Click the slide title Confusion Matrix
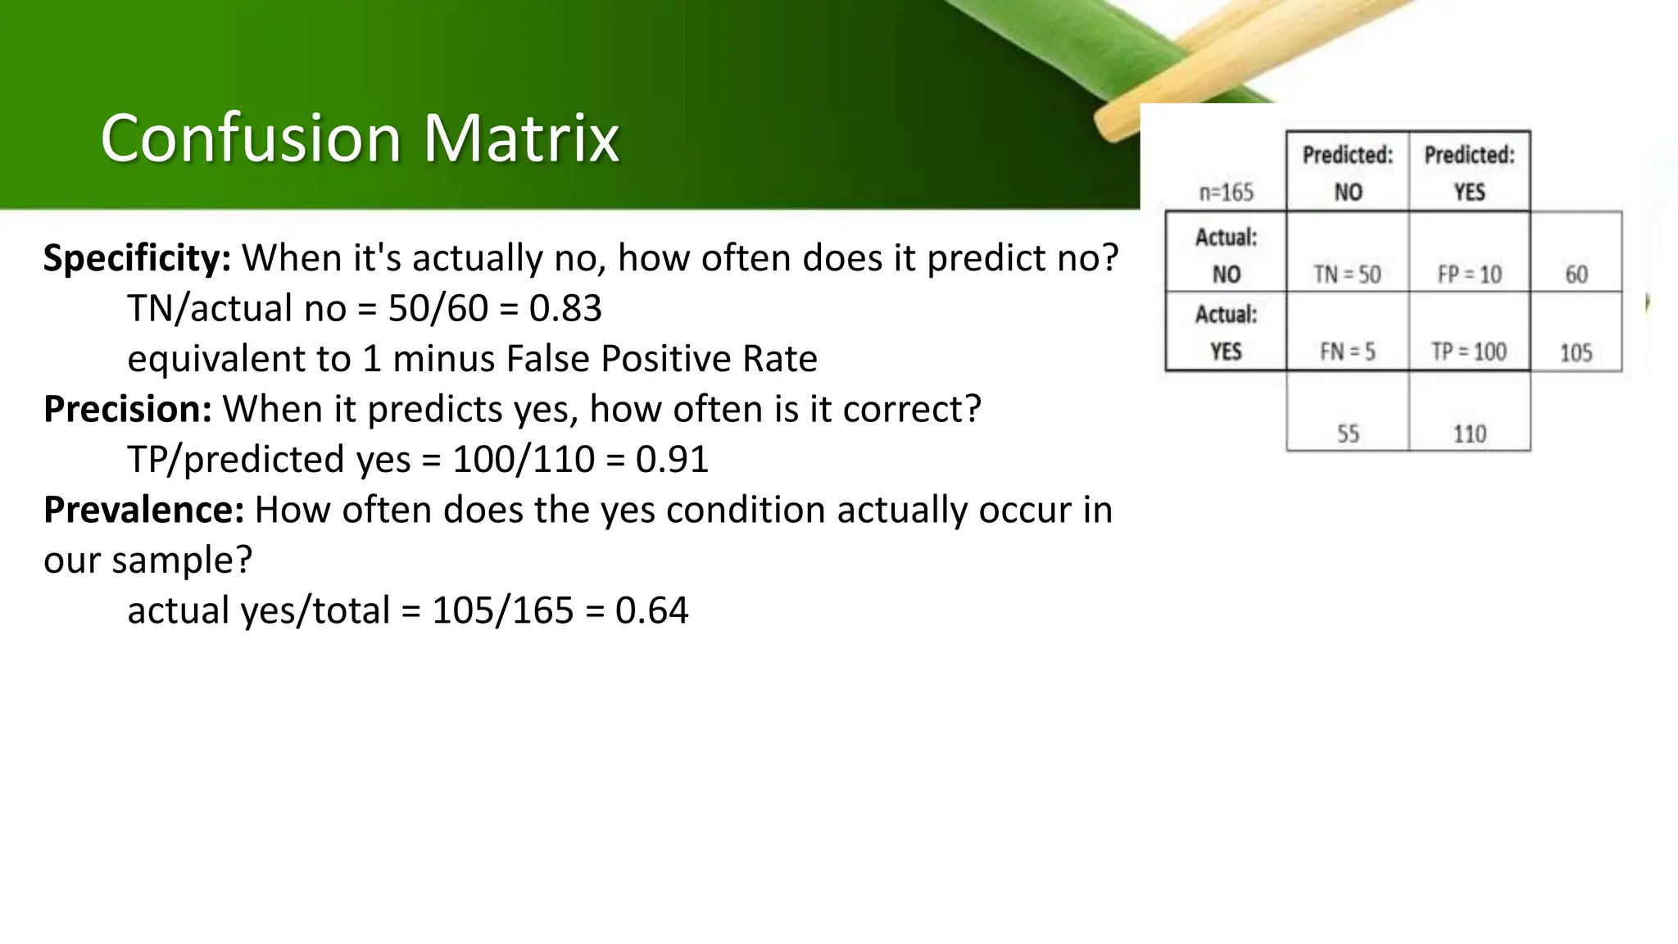coord(359,138)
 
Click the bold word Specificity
coord(137,258)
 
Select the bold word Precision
coord(128,409)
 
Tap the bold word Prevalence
coord(143,510)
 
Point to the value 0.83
coord(565,309)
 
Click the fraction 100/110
coord(524,459)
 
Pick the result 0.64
coord(651,610)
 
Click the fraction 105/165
coord(502,610)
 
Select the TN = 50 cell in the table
coord(1347,274)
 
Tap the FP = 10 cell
coord(1469,274)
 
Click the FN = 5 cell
coord(1347,352)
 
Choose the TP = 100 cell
coord(1469,352)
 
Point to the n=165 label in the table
coord(1226,193)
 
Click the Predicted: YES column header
coord(1469,172)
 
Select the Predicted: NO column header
coord(1347,172)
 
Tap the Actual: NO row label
coord(1226,255)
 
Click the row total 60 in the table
coord(1576,274)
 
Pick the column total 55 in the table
coord(1348,433)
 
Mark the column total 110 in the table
coord(1469,433)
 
